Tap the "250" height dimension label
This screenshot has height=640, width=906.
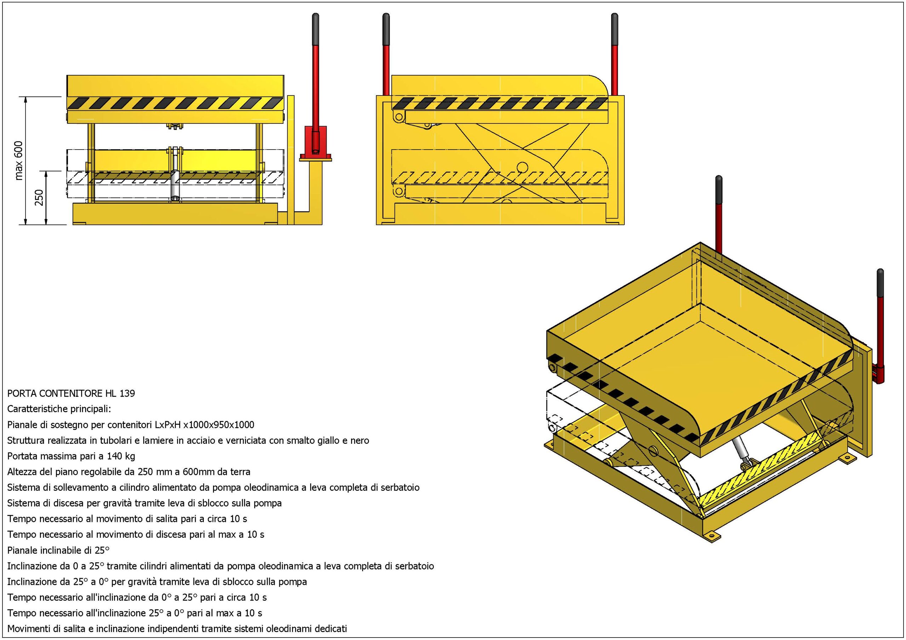pos(39,197)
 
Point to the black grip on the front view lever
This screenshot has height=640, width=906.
pos(315,30)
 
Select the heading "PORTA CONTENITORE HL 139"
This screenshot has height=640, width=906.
pos(71,393)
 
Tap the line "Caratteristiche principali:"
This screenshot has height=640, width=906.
pos(59,408)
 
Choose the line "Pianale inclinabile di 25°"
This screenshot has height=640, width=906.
pos(58,550)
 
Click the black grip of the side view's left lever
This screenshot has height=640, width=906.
pos(386,30)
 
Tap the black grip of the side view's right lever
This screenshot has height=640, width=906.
pos(614,30)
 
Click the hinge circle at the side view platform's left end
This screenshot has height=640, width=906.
pos(398,117)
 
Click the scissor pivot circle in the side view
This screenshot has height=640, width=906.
pos(523,167)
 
